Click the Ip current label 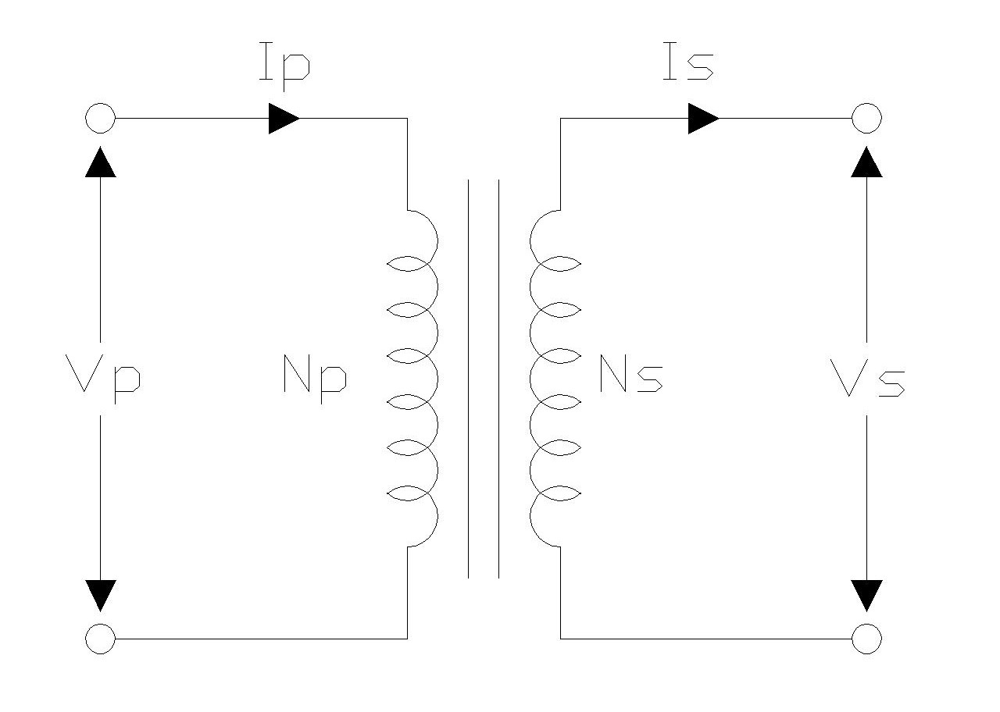tap(284, 66)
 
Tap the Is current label tap(687, 66)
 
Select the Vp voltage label tap(105, 381)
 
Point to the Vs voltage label tap(867, 381)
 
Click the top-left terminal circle tap(100, 119)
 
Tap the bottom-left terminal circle tap(100, 639)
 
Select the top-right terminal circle tap(866, 119)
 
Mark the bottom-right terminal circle tap(866, 639)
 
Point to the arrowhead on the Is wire tap(703, 119)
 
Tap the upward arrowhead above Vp tap(100, 162)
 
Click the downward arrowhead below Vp tap(100, 595)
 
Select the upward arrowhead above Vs tap(866, 162)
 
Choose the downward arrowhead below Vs tap(866, 595)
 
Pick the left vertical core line tap(469, 379)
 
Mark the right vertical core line tap(498, 379)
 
